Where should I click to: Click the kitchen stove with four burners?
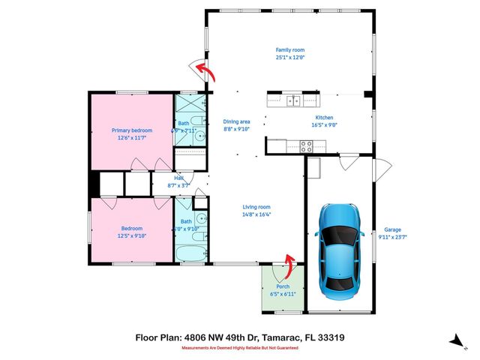[307, 147]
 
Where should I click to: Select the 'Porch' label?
[283, 286]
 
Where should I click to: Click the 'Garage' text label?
[393, 230]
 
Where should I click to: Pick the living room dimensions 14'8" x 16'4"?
[256, 214]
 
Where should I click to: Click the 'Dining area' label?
[236, 121]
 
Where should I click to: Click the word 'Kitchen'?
[323, 118]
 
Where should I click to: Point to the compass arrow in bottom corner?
[455, 341]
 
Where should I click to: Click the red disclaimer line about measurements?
[239, 348]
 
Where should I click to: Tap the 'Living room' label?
[256, 207]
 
